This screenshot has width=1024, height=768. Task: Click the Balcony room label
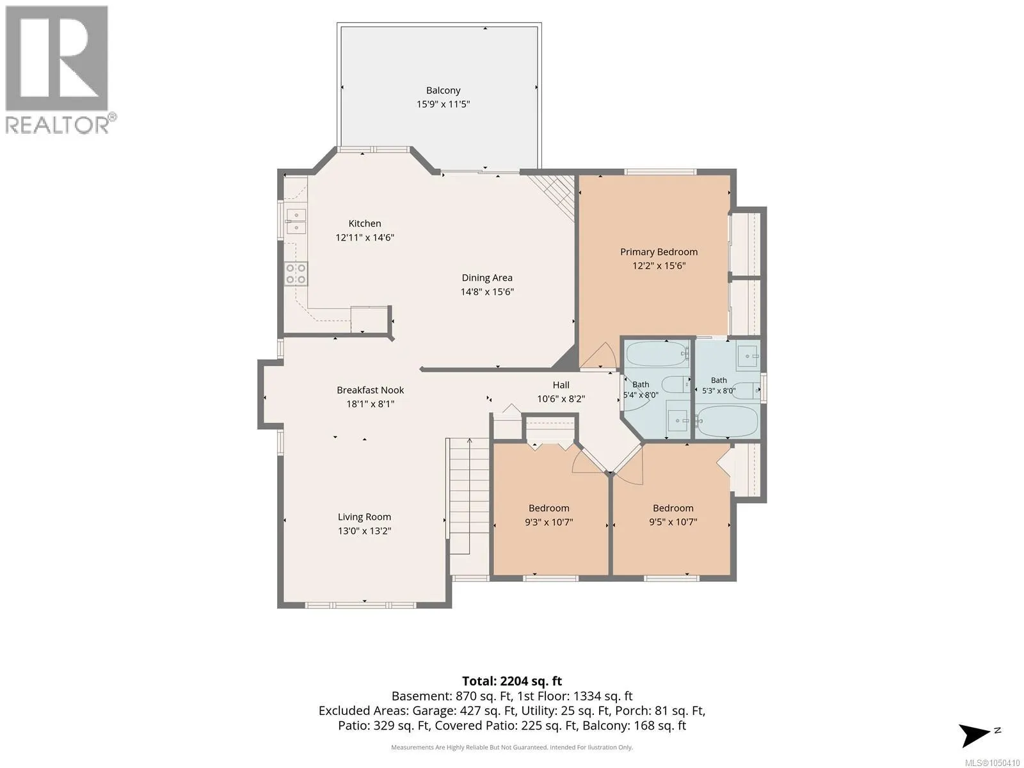[x=443, y=90]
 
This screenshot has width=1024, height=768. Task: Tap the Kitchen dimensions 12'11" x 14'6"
[x=364, y=237]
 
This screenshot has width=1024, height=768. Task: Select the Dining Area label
[x=486, y=278]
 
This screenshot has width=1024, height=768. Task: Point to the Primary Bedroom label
[x=659, y=252]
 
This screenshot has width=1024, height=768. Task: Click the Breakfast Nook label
[x=370, y=390]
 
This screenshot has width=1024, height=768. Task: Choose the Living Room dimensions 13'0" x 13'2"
[x=364, y=531]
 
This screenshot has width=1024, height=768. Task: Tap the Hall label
[x=561, y=385]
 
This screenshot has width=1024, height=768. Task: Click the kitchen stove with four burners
[x=296, y=274]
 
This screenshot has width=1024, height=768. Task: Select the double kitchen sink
[x=296, y=221]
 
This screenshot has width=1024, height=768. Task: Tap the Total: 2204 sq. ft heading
[x=512, y=681]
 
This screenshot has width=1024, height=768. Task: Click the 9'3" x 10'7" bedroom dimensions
[x=548, y=522]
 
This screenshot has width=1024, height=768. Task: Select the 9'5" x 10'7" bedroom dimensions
[x=673, y=522]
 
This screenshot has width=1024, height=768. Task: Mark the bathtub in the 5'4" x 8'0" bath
[x=657, y=354]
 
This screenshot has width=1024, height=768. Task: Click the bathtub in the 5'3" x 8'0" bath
[x=727, y=421]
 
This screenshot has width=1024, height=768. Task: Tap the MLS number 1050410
[x=992, y=763]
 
